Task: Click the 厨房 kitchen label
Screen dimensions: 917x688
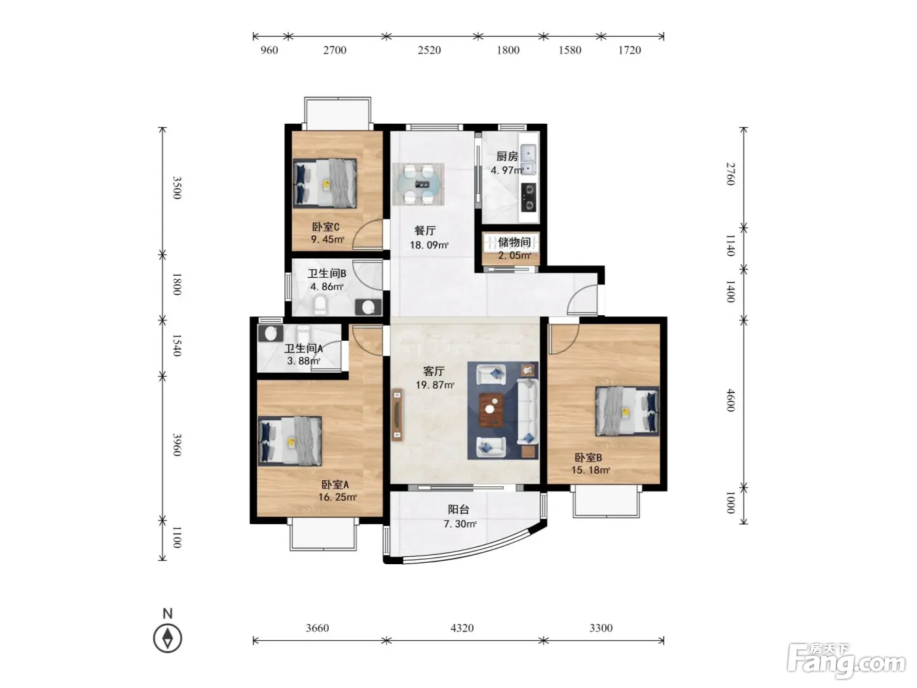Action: pyautogui.click(x=507, y=156)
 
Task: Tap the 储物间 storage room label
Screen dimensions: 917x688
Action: pyautogui.click(x=514, y=242)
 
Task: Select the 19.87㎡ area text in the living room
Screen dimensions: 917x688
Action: pyautogui.click(x=434, y=385)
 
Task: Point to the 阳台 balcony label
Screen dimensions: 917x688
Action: pyautogui.click(x=458, y=509)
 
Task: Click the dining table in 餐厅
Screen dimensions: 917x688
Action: pyautogui.click(x=418, y=184)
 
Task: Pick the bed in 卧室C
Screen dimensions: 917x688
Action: pyautogui.click(x=325, y=183)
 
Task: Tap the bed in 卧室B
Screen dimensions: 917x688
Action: pyautogui.click(x=627, y=411)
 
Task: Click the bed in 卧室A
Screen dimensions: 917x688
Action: pyautogui.click(x=290, y=441)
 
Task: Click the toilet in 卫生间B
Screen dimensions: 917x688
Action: pyautogui.click(x=321, y=305)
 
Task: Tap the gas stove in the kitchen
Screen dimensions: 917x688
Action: pyautogui.click(x=529, y=197)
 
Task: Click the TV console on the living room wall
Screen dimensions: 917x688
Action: pyautogui.click(x=397, y=415)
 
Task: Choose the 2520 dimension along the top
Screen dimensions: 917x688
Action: pyautogui.click(x=429, y=50)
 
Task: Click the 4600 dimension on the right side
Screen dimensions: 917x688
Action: pyautogui.click(x=730, y=400)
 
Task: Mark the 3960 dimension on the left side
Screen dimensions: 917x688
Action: pyautogui.click(x=177, y=444)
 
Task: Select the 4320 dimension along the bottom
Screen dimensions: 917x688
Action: pyautogui.click(x=462, y=628)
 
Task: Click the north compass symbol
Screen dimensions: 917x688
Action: pyautogui.click(x=168, y=638)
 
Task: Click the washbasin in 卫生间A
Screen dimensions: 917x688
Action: pyautogui.click(x=271, y=334)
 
